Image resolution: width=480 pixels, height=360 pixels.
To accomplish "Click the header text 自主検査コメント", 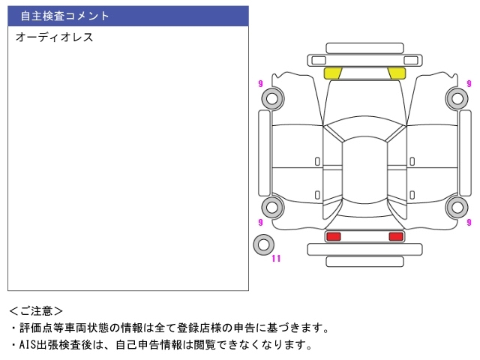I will (x=64, y=16).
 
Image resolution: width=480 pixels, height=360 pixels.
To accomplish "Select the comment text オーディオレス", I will (x=54, y=37).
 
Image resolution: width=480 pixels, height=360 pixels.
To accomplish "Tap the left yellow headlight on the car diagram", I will (x=332, y=73).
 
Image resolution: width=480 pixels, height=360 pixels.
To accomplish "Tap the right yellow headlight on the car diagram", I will (x=397, y=73).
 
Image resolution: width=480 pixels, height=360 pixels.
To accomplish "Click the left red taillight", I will (x=333, y=236).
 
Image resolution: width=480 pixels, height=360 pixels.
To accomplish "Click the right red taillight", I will (x=396, y=236).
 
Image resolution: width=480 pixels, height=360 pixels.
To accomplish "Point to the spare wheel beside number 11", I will (x=263, y=244).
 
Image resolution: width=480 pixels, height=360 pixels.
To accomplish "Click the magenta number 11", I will (x=276, y=259).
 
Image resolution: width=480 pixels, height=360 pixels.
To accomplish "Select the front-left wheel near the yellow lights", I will (x=271, y=98).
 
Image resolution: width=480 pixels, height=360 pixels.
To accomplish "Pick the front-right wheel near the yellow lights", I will (x=457, y=98).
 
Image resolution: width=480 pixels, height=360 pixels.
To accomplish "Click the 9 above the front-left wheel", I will (x=260, y=83).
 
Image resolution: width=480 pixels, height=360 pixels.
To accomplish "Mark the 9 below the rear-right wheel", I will (x=469, y=223).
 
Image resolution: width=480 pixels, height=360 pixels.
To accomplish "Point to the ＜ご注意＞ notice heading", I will (x=36, y=310).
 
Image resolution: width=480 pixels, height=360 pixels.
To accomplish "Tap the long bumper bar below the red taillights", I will (x=364, y=261).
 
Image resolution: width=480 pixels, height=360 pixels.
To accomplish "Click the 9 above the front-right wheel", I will (x=469, y=83).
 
